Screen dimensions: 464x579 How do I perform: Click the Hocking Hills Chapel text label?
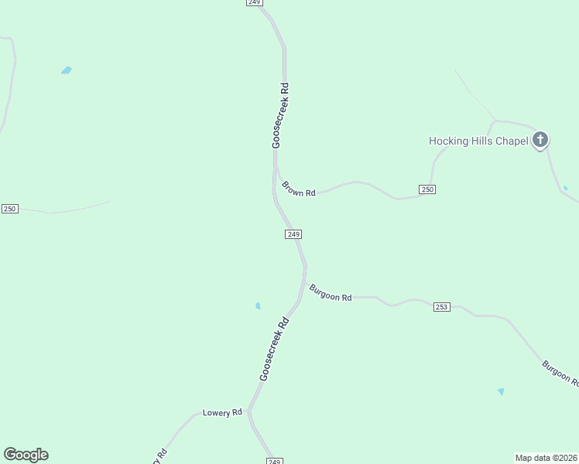pos(478,141)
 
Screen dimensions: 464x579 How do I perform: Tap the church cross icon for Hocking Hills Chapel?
pos(540,140)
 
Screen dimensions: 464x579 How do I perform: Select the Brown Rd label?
pos(298,189)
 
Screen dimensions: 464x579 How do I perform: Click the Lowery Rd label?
pos(222,413)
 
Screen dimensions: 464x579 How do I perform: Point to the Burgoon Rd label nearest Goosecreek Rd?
pos(331,293)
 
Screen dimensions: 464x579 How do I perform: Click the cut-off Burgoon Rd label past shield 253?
pos(560,372)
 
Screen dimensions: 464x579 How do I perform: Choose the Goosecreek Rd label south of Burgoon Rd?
pos(274,349)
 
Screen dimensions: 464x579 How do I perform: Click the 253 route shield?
pos(441,307)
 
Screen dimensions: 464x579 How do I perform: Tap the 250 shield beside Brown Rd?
pos(427,189)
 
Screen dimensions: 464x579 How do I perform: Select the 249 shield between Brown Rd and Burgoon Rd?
pos(293,234)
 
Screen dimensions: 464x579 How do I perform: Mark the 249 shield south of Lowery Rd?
pos(274,461)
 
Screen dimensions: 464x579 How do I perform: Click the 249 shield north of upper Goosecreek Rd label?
pos(255,3)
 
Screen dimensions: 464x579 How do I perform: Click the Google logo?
pos(26,455)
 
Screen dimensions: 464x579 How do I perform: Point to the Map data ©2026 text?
pos(546,458)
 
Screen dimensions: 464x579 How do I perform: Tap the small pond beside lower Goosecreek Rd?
pos(258,306)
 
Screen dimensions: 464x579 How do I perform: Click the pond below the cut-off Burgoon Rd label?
pos(501,392)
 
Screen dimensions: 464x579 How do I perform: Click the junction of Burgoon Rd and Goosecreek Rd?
pos(304,282)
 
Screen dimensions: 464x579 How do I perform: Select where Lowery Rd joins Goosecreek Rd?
pos(249,411)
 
